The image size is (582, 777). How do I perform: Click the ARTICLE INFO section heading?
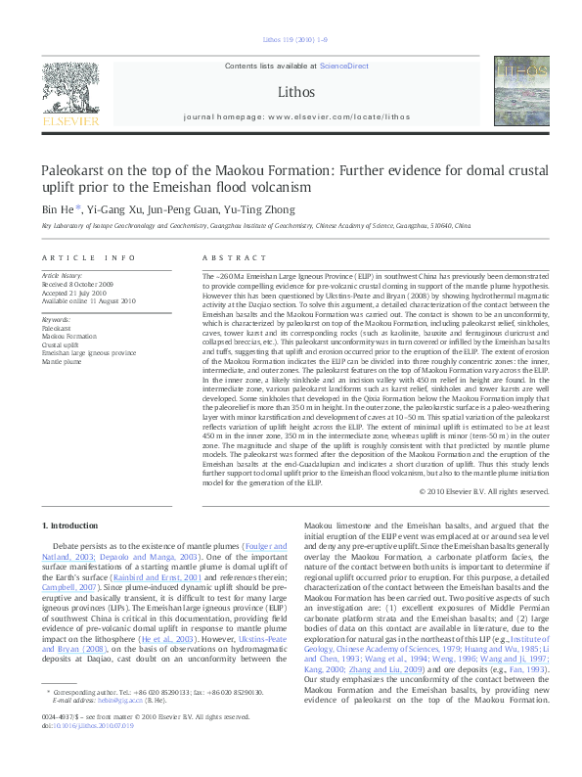tap(88, 257)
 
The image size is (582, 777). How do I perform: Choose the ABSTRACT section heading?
tap(220, 257)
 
